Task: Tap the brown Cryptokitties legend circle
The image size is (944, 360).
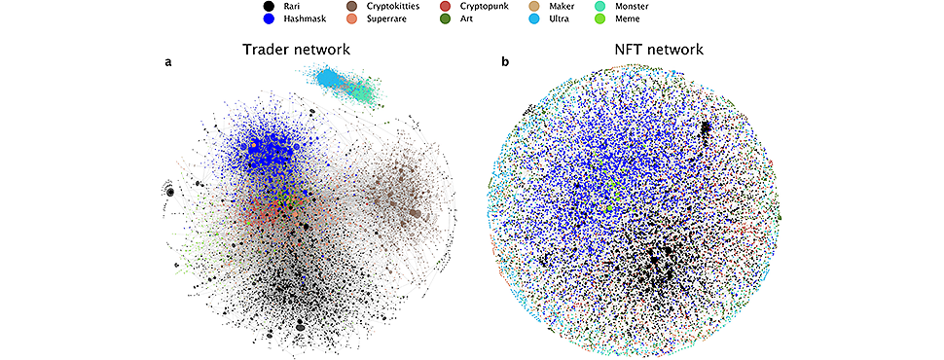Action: pos(351,7)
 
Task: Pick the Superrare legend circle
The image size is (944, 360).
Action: pos(351,19)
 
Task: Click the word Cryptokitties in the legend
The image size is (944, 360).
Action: pos(386,7)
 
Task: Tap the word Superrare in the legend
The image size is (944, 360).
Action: pos(383,19)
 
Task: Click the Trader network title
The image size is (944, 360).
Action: pos(296,50)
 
